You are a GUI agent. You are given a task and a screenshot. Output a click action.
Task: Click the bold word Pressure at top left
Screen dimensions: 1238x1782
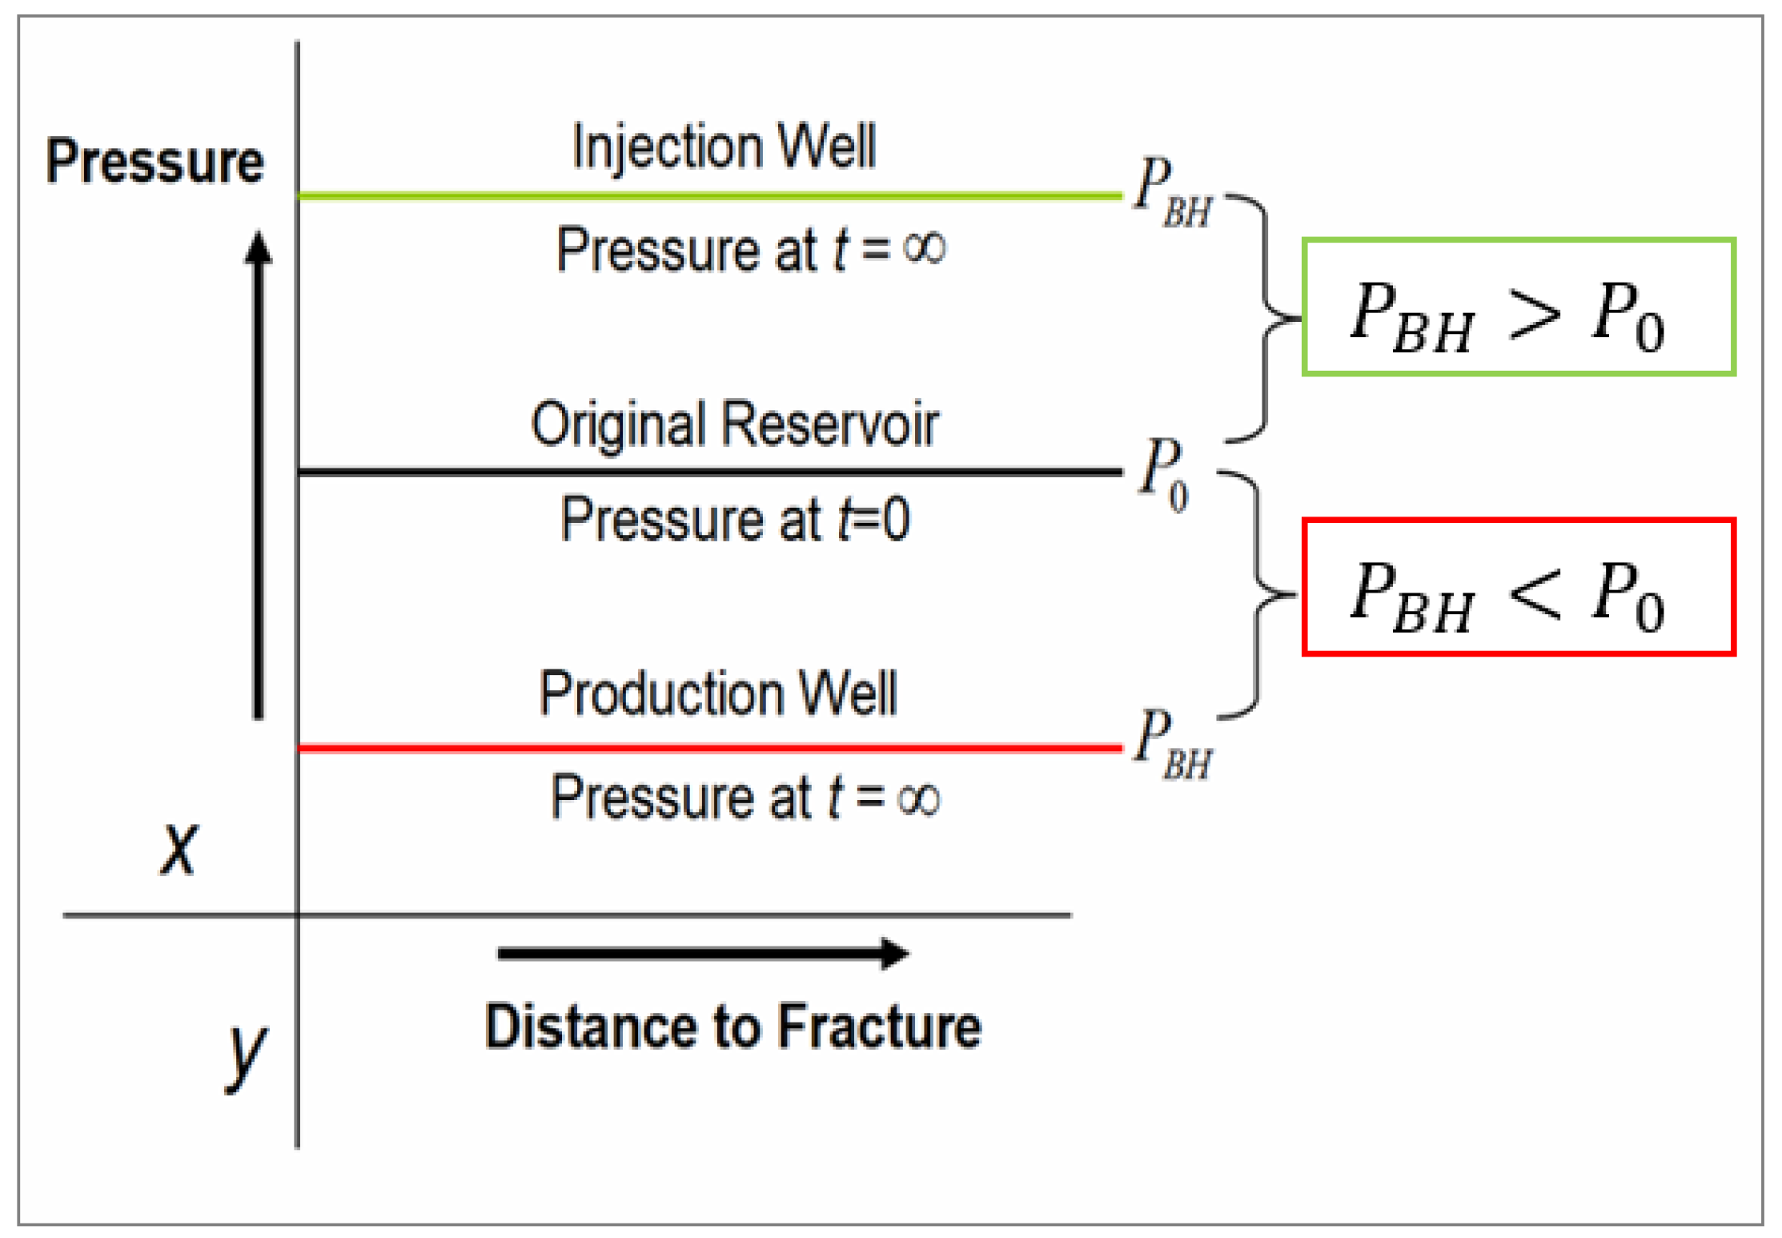(155, 162)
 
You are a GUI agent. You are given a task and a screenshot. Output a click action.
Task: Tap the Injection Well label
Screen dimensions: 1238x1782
(724, 147)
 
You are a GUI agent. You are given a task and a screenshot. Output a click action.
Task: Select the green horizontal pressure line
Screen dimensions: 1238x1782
(708, 195)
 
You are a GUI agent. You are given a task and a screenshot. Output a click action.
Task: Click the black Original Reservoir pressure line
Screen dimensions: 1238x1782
(708, 472)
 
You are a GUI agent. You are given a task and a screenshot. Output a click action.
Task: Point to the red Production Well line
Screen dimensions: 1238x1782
(708, 748)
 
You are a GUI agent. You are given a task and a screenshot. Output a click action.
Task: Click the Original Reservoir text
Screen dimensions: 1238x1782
(734, 424)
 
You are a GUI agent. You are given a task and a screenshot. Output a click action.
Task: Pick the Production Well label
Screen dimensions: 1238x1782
(718, 693)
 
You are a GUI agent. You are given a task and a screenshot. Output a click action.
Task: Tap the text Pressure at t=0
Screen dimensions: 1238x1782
(734, 521)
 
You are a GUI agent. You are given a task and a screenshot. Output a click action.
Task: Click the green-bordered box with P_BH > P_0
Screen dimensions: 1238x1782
(1518, 307)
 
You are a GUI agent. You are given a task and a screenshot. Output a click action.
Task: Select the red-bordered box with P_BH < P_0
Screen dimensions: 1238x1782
(1518, 587)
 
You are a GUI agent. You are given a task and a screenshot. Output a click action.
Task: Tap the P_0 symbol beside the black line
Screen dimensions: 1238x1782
(1164, 474)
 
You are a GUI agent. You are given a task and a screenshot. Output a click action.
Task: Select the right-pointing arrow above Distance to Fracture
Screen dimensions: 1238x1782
(702, 953)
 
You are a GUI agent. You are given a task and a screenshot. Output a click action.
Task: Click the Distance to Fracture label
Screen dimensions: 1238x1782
(732, 1027)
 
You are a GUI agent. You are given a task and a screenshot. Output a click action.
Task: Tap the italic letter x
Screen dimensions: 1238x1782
(178, 849)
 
